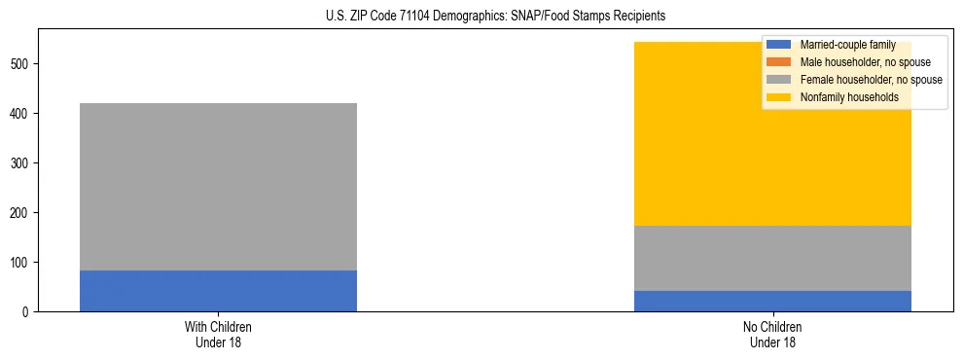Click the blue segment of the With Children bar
pyautogui.click(x=218, y=291)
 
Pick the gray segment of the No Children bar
pyautogui.click(x=772, y=258)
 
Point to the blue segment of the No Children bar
pyautogui.click(x=772, y=301)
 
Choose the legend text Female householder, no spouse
pyautogui.click(x=871, y=80)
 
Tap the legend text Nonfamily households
pyautogui.click(x=849, y=97)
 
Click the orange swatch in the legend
pyautogui.click(x=780, y=62)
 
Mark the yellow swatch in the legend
pyautogui.click(x=780, y=97)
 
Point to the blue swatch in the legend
pyautogui.click(x=780, y=45)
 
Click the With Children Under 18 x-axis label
pyautogui.click(x=218, y=335)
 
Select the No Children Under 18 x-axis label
pyautogui.click(x=772, y=335)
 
